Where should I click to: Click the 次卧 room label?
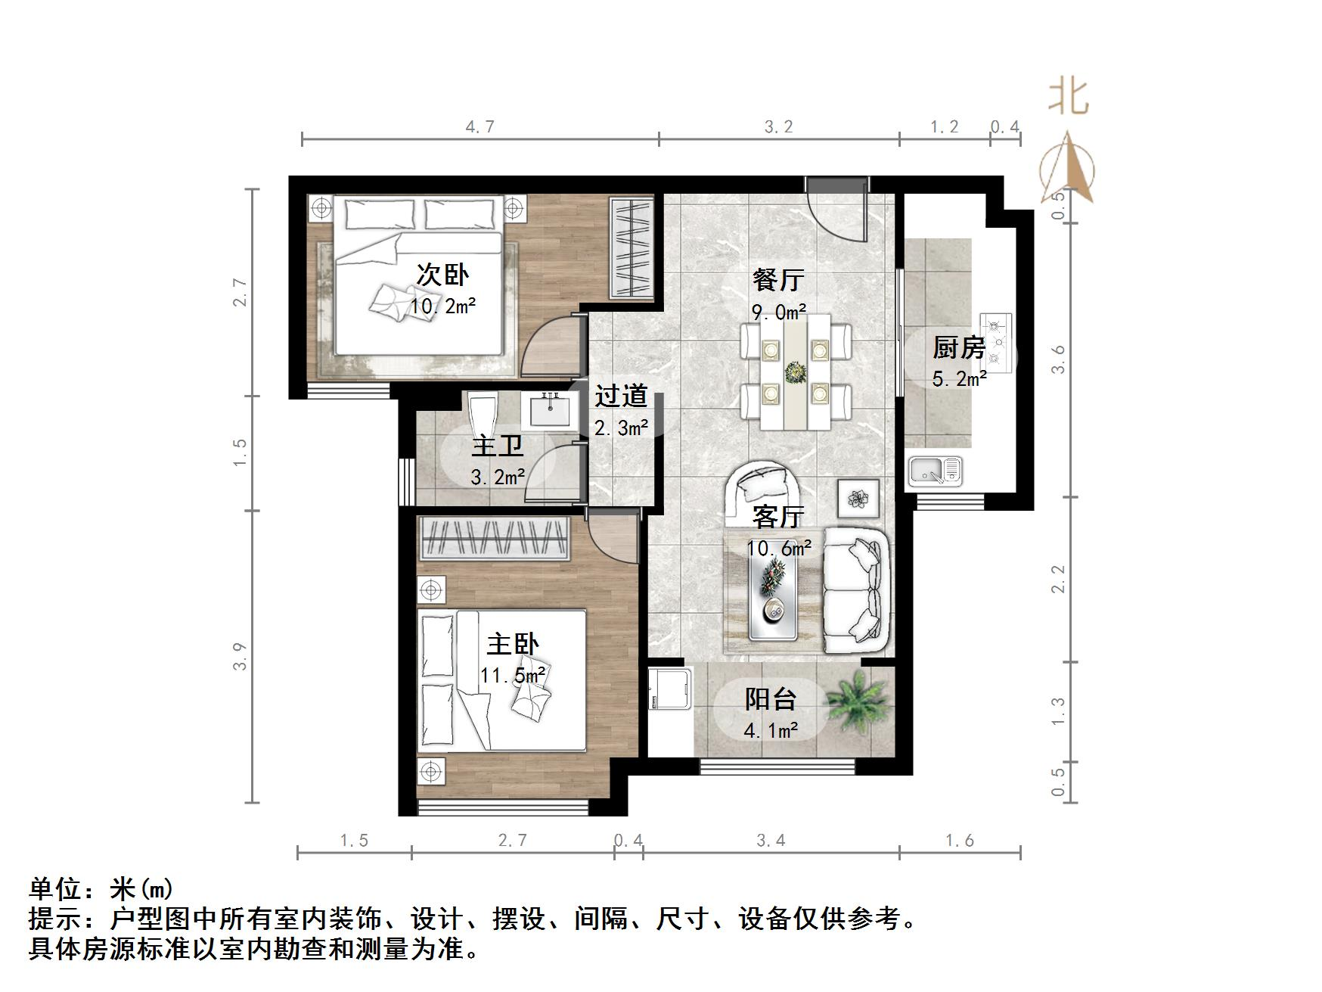coord(442,275)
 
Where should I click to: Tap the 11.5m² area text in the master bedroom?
coord(513,675)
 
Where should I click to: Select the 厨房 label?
coord(959,347)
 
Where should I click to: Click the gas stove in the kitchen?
coord(995,343)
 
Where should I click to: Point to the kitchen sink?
coord(935,471)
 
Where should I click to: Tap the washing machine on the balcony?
coord(670,688)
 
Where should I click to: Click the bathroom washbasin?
coord(549,411)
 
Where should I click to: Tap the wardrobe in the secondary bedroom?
coord(632,248)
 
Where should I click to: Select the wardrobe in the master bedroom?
coord(494,538)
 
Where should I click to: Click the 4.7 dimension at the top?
coord(479,126)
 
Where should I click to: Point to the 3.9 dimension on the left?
coord(240,656)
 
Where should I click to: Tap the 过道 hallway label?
coord(621,396)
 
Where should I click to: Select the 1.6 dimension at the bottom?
coord(959,840)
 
